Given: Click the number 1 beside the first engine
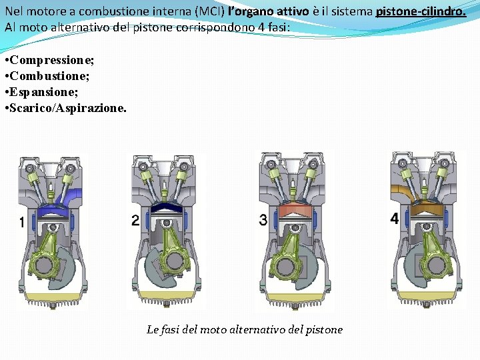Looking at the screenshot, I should (x=22, y=222).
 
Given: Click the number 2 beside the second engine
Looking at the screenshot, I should (x=136, y=220).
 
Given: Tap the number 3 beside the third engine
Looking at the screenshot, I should (x=263, y=219).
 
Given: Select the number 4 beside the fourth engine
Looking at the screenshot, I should (x=394, y=219).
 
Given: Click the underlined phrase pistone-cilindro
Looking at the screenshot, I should (x=421, y=12).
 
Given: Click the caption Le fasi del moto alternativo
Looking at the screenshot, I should (x=244, y=329).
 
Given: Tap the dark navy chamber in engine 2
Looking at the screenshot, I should (x=164, y=209).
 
